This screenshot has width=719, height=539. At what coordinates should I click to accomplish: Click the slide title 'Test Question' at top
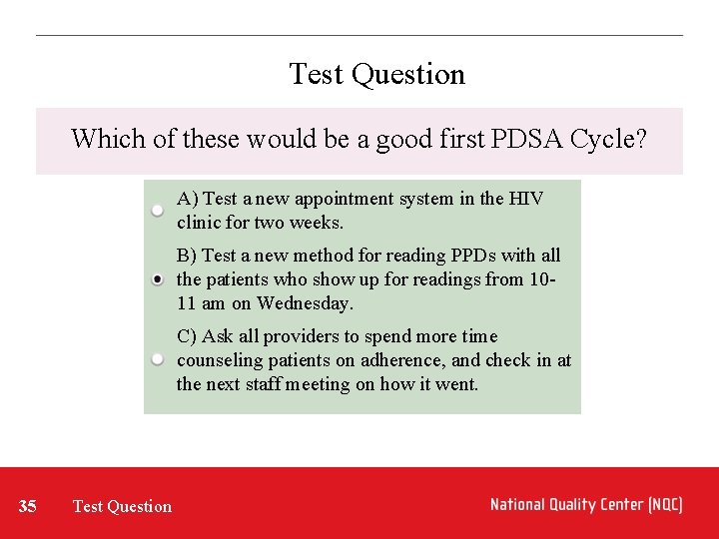tap(376, 75)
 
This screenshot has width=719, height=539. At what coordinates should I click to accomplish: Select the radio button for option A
tap(159, 211)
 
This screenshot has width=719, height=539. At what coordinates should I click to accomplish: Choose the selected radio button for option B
tap(159, 279)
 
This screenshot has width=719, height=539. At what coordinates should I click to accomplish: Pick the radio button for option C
tap(159, 359)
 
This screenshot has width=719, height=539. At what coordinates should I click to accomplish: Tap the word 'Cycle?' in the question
tap(608, 139)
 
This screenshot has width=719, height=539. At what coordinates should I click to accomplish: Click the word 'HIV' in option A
tap(526, 199)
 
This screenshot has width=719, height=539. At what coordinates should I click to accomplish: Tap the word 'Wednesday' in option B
tap(304, 303)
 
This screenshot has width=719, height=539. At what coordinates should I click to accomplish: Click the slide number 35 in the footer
tap(28, 506)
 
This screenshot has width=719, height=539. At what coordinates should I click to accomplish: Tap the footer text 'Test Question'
tap(122, 506)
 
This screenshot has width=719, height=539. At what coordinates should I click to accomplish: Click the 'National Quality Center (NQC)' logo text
tap(586, 505)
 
